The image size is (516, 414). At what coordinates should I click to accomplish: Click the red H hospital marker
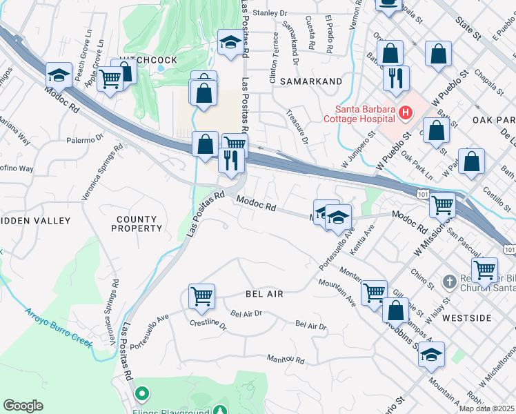pos(406,112)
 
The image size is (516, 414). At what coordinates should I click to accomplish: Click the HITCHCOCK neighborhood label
pos(148,61)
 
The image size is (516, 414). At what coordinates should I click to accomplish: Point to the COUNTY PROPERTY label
pos(137,224)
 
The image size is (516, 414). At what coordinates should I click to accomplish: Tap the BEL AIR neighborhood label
pos(264,294)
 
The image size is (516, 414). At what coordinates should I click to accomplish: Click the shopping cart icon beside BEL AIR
pos(201,296)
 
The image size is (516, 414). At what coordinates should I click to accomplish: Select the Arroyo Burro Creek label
pos(59,327)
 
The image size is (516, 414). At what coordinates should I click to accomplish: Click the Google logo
pos(23,406)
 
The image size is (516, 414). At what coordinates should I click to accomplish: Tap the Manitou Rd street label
pos(286,359)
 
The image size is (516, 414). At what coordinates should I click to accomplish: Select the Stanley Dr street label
pos(269,12)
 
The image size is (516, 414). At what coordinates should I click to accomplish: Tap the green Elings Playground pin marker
pos(142,394)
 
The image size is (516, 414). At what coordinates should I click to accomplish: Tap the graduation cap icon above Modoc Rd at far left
pos(59,74)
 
